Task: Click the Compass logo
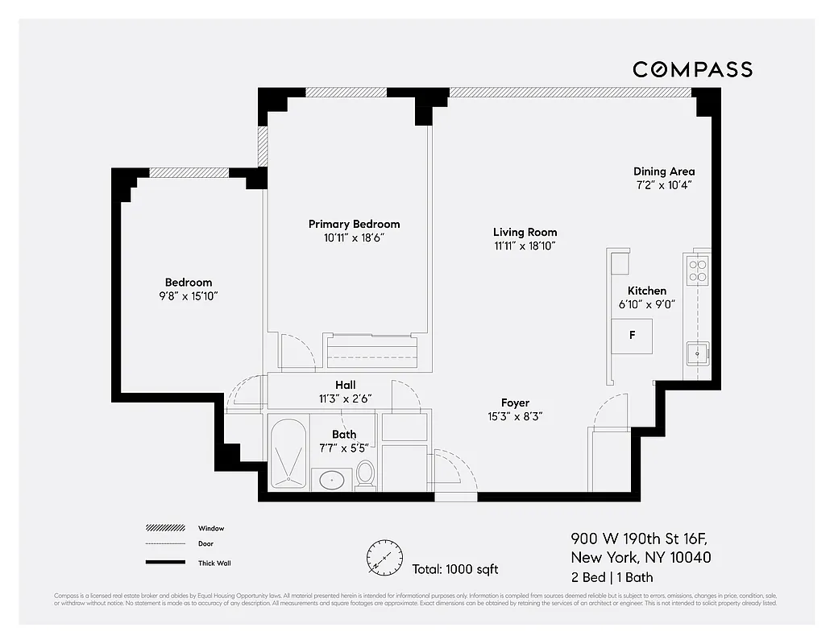(x=692, y=69)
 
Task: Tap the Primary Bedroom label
(x=354, y=224)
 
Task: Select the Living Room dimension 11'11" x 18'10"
(x=525, y=246)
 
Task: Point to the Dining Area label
(x=663, y=171)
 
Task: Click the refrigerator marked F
(x=632, y=336)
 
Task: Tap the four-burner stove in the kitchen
(x=697, y=270)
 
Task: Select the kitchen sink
(x=697, y=351)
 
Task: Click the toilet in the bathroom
(x=365, y=474)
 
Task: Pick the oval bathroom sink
(x=331, y=481)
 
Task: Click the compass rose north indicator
(x=384, y=557)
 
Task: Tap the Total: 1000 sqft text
(x=454, y=569)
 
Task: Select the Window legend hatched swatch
(x=165, y=528)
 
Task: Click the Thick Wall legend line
(x=165, y=563)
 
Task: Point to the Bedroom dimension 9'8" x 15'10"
(x=189, y=295)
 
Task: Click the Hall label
(x=345, y=385)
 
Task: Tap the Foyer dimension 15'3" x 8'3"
(x=515, y=416)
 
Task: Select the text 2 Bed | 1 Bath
(x=612, y=577)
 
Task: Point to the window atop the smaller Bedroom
(x=189, y=171)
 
